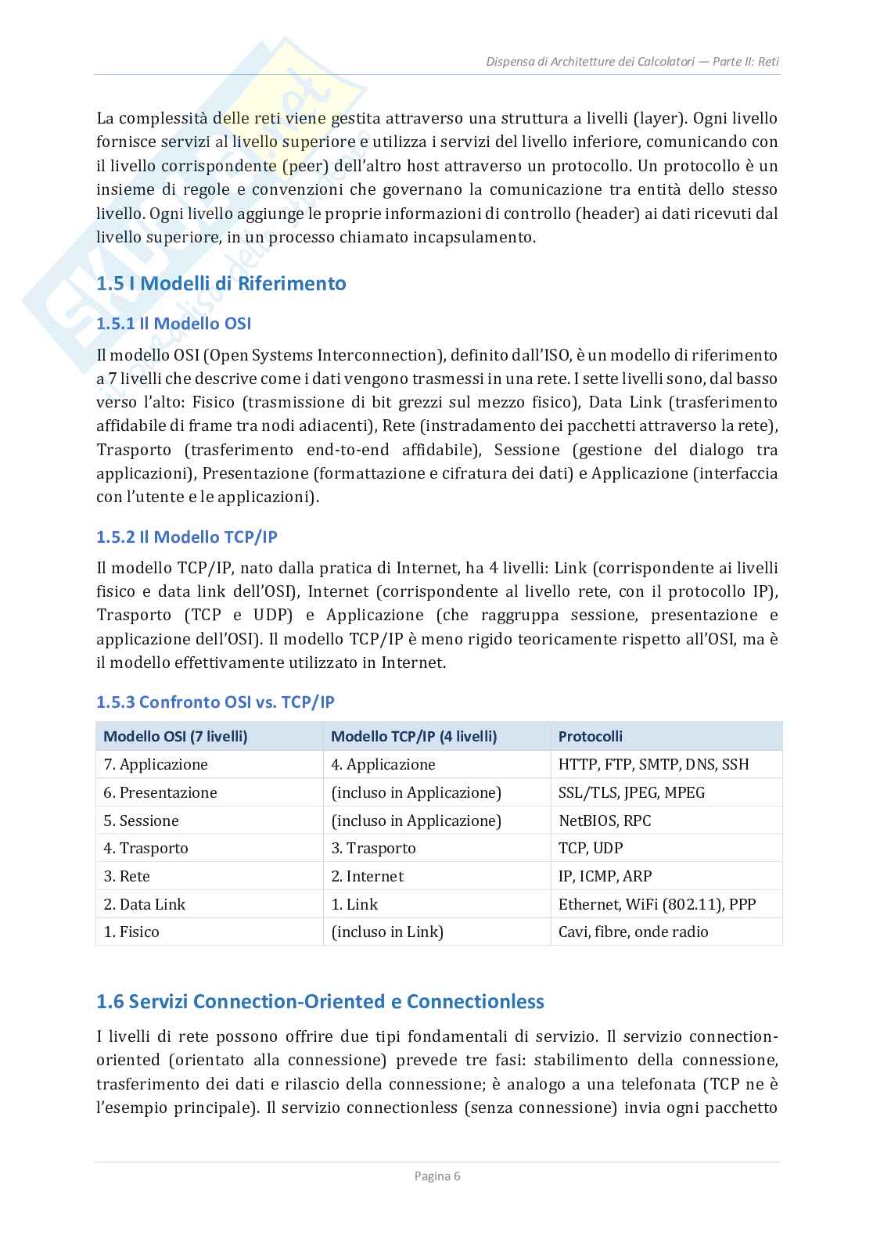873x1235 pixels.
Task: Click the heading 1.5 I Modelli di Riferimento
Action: point(221,283)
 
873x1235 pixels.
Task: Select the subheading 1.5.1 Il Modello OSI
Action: point(173,323)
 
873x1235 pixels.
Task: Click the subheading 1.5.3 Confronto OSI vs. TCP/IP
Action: point(215,702)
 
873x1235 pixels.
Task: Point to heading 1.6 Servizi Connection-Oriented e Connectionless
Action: point(320,1001)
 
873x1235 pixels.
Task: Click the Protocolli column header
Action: point(590,736)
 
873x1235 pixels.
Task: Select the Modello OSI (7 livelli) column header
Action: point(175,736)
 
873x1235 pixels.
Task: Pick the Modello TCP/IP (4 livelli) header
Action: point(414,736)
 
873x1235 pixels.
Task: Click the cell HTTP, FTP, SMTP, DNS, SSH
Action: point(653,764)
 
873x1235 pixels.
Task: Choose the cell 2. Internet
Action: point(367,876)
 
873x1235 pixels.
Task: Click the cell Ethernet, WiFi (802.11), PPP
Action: point(657,904)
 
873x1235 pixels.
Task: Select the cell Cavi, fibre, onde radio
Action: point(633,932)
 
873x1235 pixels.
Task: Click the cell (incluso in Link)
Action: point(387,932)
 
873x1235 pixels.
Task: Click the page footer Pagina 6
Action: point(436,1176)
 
